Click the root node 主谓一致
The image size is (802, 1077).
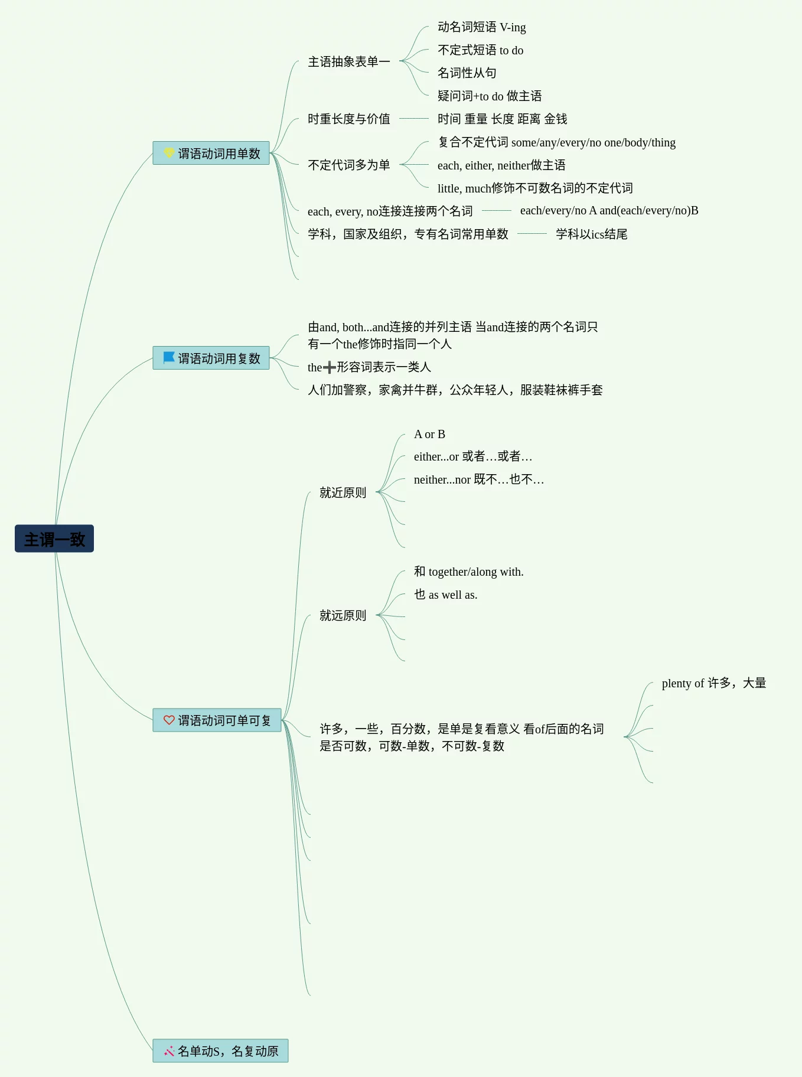pos(54,538)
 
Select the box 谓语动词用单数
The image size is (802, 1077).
pos(211,154)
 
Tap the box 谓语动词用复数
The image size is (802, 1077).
pos(211,358)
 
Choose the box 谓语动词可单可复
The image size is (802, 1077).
pos(217,720)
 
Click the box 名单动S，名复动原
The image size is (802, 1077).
pos(221,1051)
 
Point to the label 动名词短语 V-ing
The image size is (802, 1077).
pos(481,27)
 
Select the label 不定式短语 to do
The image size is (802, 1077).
pos(480,50)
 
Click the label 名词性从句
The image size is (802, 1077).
pos(467,73)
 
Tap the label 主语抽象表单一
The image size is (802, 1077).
pos(348,62)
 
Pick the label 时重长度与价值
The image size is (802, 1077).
pos(348,119)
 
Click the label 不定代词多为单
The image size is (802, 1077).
pos(348,165)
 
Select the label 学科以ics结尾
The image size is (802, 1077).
pos(591,234)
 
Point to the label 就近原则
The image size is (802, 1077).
pos(343,492)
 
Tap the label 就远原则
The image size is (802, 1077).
pos(343,616)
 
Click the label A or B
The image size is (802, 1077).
pos(429,435)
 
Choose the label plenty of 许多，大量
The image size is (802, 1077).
pos(713,683)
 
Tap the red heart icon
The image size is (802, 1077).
pos(169,720)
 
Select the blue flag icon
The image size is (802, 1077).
pos(169,358)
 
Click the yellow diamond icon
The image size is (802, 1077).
pos(169,153)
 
